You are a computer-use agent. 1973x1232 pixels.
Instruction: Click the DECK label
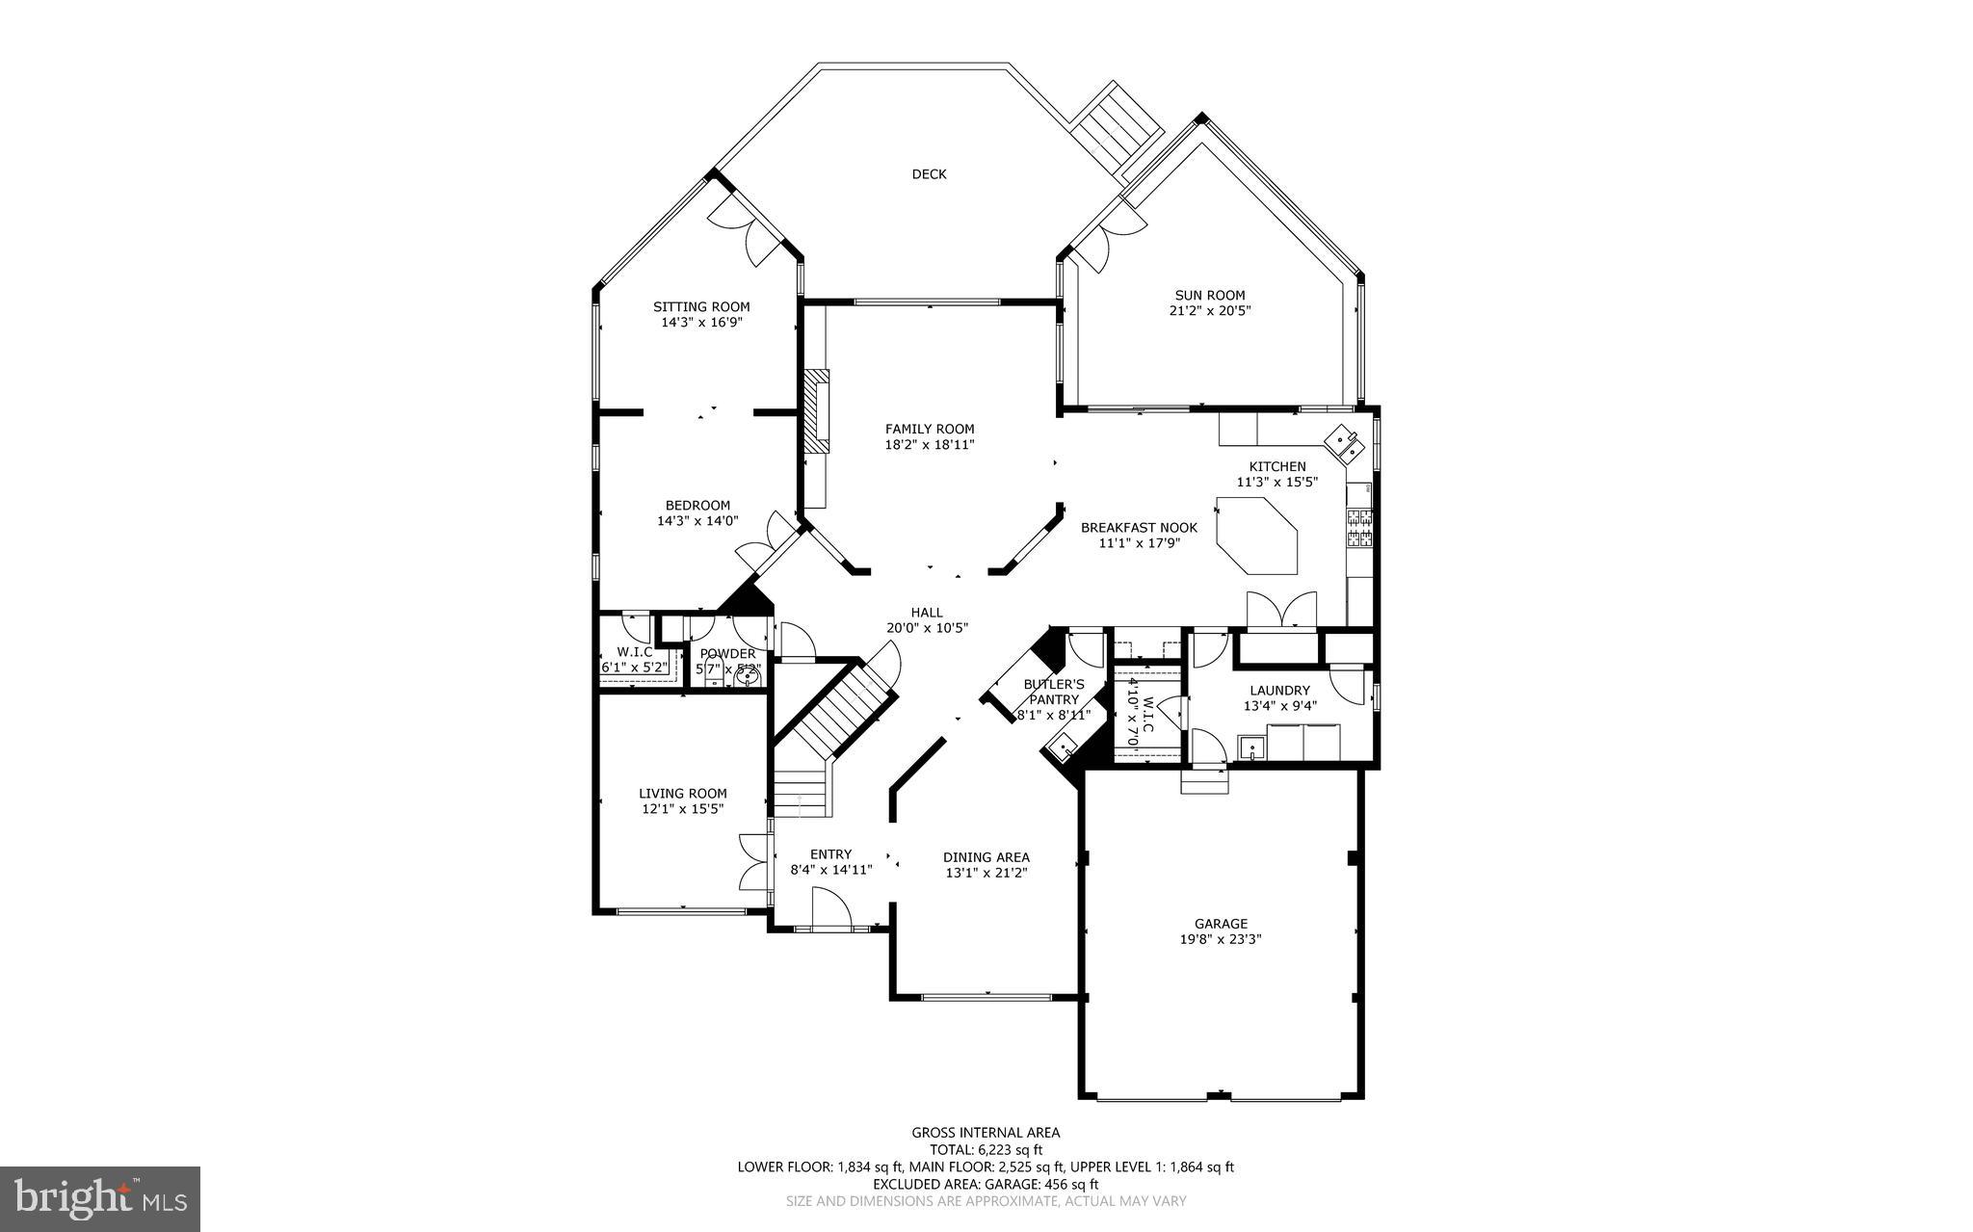pos(929,174)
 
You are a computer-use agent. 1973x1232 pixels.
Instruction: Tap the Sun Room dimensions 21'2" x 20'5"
pos(1210,311)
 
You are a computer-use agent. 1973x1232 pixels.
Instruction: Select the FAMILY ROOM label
pos(930,430)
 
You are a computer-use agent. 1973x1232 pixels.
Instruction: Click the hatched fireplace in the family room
pos(817,410)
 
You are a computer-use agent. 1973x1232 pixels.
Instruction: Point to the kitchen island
pos(1257,536)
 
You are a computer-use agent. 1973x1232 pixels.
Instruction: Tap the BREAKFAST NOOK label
pos(1139,528)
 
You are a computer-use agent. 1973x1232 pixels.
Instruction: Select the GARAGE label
pos(1221,924)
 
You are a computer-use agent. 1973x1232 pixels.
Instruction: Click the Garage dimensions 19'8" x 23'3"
pos(1221,939)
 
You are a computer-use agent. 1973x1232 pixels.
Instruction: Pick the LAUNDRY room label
pos(1279,690)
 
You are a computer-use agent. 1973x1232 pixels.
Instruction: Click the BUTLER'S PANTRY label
pos(1053,692)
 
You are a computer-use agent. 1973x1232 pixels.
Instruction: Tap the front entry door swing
pos(830,909)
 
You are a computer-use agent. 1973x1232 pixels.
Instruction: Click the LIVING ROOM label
pos(682,794)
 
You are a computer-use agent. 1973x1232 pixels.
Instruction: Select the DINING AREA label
pos(986,857)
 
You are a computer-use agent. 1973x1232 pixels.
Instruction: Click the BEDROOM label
pos(697,506)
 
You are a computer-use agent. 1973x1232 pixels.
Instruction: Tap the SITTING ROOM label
pos(701,307)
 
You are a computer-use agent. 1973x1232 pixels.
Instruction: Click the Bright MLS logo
pos(100,1198)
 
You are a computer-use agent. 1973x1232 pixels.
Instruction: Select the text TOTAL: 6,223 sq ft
pos(986,1149)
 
